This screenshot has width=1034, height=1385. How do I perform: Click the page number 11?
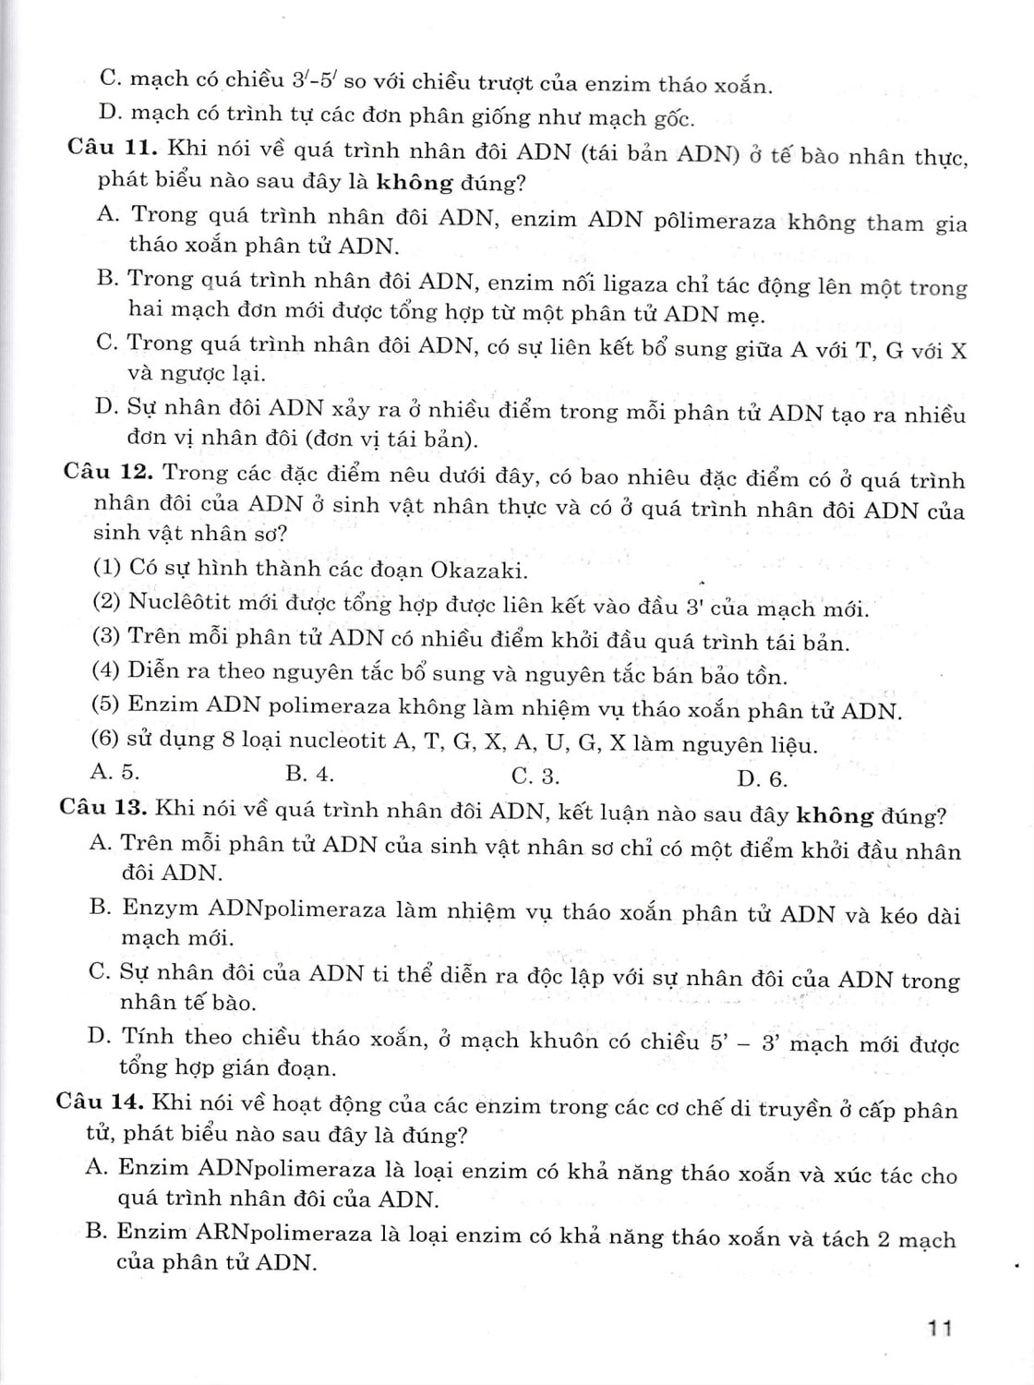click(940, 1329)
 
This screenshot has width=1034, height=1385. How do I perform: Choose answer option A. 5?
click(117, 772)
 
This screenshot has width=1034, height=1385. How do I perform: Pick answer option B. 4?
click(309, 774)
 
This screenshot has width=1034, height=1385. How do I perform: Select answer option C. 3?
click(535, 776)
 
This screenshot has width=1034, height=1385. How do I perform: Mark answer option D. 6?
click(762, 778)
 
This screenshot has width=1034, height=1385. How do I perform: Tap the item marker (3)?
click(107, 636)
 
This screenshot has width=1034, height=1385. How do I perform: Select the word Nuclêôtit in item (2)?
click(178, 602)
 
